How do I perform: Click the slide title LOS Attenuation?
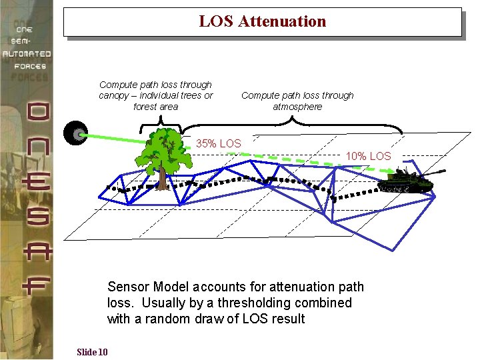[262, 21]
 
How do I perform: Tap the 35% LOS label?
[218, 143]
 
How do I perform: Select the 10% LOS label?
[368, 156]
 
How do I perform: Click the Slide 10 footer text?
[92, 352]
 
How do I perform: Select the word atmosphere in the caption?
[297, 107]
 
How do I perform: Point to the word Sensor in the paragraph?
[129, 287]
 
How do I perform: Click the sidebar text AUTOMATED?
[26, 53]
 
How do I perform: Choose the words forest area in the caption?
[155, 107]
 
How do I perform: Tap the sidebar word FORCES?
[31, 66]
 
